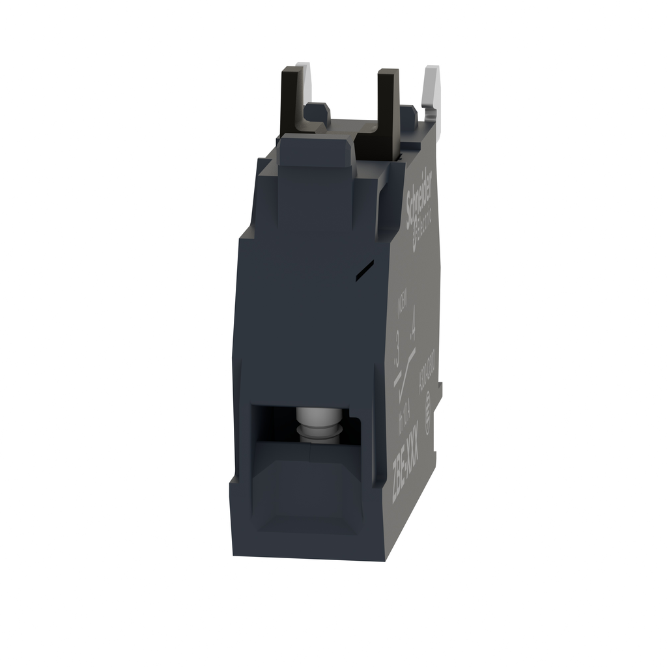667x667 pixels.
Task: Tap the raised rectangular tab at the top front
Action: [315, 154]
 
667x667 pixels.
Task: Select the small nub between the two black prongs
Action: [317, 112]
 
